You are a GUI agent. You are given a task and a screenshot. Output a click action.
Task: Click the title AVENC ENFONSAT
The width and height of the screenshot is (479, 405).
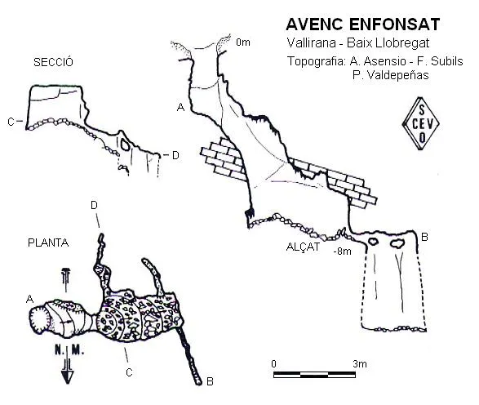(x=363, y=24)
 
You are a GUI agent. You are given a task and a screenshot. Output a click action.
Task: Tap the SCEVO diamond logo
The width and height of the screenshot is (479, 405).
(x=421, y=124)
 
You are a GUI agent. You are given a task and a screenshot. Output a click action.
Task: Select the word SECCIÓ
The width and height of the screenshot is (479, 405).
(x=53, y=62)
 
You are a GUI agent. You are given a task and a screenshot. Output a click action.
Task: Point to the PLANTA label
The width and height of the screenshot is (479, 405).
(x=48, y=243)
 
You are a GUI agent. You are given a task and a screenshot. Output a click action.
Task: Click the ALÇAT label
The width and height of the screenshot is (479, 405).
(x=303, y=247)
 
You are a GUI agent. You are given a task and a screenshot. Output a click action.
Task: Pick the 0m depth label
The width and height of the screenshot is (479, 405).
(x=243, y=42)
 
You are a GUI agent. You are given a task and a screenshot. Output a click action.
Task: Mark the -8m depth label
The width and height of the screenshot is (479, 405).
(x=342, y=251)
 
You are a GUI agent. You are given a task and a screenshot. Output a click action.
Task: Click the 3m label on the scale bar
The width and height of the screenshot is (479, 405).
(x=360, y=363)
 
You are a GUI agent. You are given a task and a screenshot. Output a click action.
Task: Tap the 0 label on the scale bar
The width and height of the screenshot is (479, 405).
(x=273, y=363)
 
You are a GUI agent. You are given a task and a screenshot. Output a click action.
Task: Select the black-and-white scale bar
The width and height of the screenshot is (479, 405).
(x=314, y=375)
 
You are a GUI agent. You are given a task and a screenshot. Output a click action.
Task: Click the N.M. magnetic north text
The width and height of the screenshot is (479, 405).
(x=69, y=350)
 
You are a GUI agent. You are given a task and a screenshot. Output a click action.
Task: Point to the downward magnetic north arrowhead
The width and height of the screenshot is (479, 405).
(x=67, y=377)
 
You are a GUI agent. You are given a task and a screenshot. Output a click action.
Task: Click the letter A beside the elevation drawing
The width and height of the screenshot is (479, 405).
(x=181, y=107)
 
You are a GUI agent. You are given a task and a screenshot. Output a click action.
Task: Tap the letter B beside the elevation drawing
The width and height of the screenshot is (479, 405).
(x=424, y=237)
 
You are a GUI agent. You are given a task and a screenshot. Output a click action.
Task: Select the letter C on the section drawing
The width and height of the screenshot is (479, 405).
(x=11, y=122)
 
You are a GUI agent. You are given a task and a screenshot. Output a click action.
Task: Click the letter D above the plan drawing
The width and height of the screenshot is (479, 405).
(x=94, y=205)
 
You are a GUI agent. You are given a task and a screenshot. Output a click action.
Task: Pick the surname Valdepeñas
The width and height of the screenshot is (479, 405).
(x=390, y=75)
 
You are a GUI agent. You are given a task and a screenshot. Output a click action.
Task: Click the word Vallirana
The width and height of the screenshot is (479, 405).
(x=311, y=42)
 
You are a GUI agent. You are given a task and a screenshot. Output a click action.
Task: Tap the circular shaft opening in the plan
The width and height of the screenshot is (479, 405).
(x=40, y=319)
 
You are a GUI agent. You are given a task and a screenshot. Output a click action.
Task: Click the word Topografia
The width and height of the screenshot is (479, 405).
(x=316, y=61)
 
